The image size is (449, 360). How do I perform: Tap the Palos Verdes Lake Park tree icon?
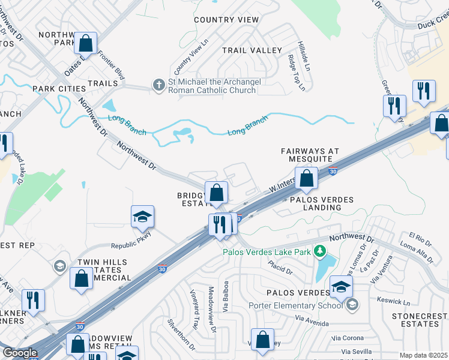(x=321, y=251)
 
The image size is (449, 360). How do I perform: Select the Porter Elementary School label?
(x=295, y=305)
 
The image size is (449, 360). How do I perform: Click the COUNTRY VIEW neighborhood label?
(x=226, y=20)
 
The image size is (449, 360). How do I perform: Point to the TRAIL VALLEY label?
(x=252, y=50)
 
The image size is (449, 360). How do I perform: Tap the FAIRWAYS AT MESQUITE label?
(x=310, y=155)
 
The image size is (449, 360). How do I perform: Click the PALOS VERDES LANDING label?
(x=315, y=203)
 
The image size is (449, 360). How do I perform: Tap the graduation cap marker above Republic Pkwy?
(x=143, y=217)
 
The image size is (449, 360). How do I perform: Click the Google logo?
(x=19, y=353)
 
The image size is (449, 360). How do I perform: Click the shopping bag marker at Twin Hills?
(x=81, y=279)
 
